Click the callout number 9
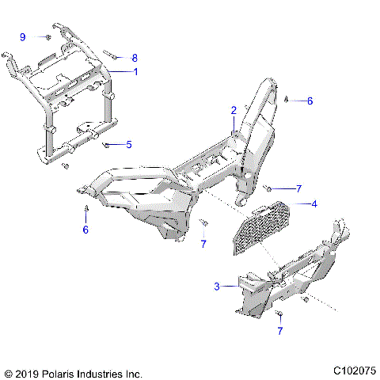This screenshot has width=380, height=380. (x=23, y=37)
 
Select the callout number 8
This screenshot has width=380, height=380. (x=135, y=58)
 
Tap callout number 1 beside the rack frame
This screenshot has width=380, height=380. (x=135, y=72)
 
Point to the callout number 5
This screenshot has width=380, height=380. (x=129, y=144)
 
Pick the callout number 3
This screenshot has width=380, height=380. (x=216, y=287)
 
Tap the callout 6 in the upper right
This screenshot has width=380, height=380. (x=310, y=101)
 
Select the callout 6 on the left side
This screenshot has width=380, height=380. (x=86, y=230)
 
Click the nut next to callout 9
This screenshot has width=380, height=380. (x=49, y=37)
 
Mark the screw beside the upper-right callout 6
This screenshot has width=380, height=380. (x=285, y=101)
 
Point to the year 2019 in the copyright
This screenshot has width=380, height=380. (x=27, y=371)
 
